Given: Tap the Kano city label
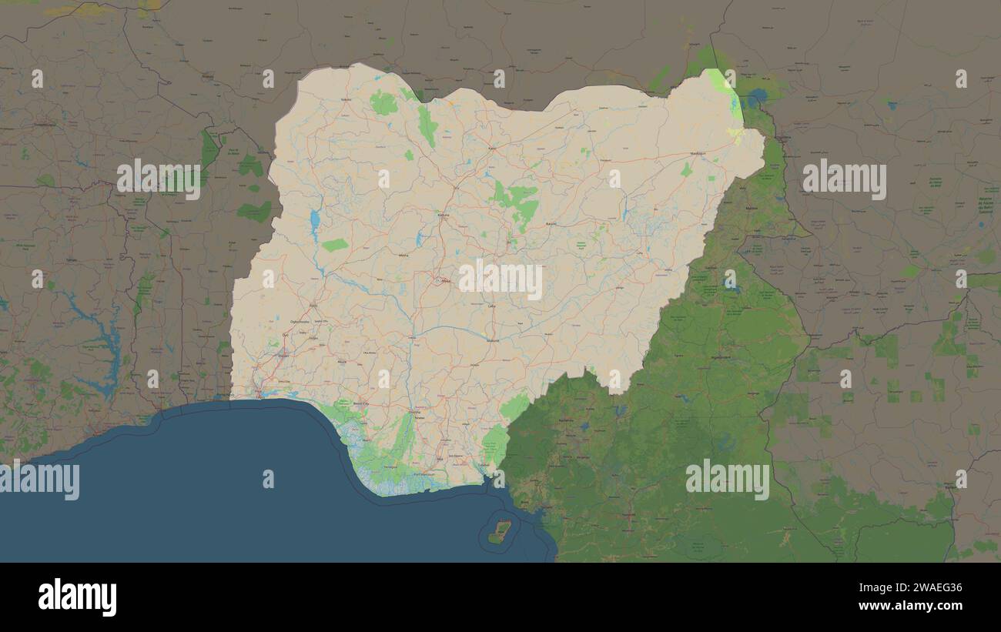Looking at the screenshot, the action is point(492,148).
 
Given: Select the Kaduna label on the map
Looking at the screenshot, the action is point(443,215).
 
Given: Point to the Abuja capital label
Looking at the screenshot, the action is point(445,281).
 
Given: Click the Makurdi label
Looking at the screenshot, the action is point(493,339).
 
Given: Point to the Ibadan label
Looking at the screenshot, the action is point(283,355).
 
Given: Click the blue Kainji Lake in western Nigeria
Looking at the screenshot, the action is point(314,221).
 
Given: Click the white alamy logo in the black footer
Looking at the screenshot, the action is point(77,597).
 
